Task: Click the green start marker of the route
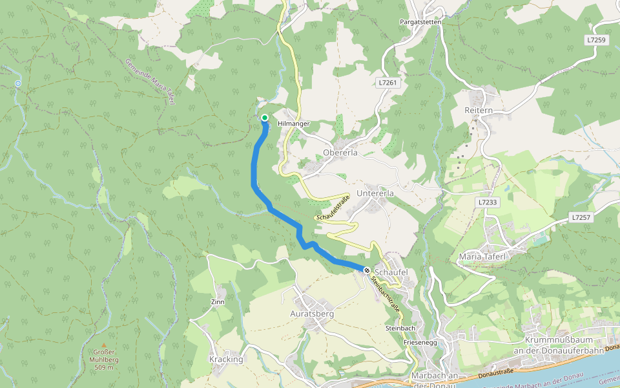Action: pos(265,118)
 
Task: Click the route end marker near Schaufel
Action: pos(366,270)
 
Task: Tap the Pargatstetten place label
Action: pos(420,22)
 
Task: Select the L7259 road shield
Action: pos(596,40)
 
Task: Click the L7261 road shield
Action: pos(387,83)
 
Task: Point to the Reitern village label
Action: pos(479,111)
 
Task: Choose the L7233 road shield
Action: pos(488,202)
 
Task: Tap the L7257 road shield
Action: pos(581,218)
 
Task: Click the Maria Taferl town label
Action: pos(484,257)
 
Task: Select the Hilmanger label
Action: pos(294,124)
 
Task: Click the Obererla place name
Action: pos(340,153)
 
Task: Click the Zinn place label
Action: pos(218,302)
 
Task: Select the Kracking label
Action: pos(226,360)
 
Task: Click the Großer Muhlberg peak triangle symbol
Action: pos(103,346)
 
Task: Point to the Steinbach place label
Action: pos(400,329)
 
